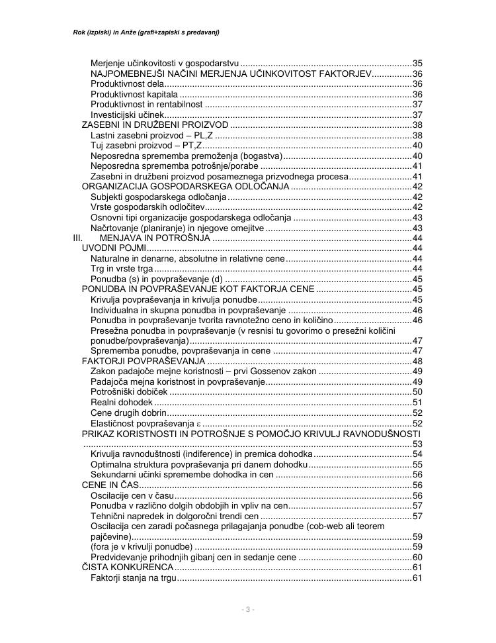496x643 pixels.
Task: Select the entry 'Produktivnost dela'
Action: coord(126,84)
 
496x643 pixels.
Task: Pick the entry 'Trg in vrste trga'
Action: coord(122,268)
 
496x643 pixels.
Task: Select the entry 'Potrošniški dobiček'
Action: coord(128,392)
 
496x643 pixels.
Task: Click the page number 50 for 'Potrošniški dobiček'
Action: coord(417,392)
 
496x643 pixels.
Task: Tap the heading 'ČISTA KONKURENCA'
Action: coord(127,568)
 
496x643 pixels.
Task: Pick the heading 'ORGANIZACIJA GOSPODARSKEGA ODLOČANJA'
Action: coord(185,187)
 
